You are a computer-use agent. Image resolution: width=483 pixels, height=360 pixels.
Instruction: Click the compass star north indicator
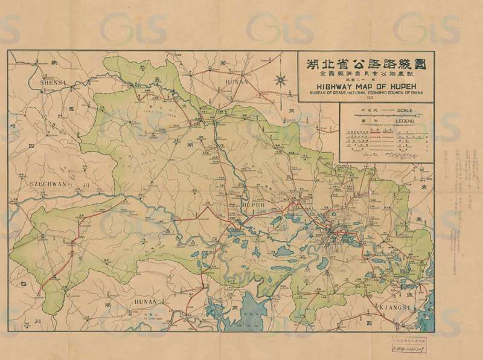coord(281,79)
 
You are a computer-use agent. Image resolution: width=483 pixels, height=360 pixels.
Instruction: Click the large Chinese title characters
coord(366,63)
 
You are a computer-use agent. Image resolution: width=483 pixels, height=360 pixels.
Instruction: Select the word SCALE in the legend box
coord(405,110)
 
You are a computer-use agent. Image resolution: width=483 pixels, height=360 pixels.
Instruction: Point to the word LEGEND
coord(404,121)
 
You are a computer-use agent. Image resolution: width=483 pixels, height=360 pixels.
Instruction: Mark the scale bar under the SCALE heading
coord(386,115)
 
